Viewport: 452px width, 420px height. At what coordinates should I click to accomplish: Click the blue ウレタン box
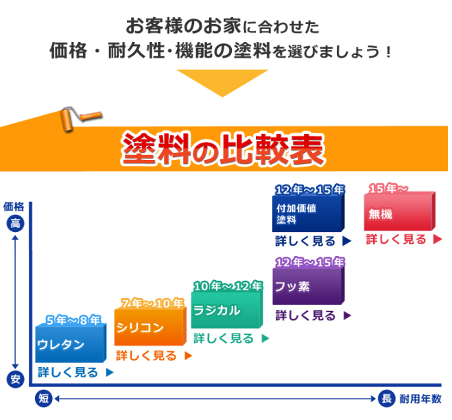click(x=71, y=343)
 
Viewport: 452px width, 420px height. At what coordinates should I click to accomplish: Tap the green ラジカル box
click(x=227, y=310)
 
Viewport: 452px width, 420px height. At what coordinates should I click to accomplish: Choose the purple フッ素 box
click(x=309, y=285)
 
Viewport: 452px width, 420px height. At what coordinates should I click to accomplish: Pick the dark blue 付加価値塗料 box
click(x=309, y=213)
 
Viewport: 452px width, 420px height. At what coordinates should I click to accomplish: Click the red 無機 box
click(x=400, y=211)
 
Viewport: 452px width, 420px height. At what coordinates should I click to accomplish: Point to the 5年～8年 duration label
click(x=74, y=320)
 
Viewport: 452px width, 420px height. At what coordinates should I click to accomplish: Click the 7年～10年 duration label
click(x=152, y=303)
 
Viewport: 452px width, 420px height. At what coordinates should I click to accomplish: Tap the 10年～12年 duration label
click(x=228, y=286)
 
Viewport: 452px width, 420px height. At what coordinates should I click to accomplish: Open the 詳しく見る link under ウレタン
click(x=75, y=373)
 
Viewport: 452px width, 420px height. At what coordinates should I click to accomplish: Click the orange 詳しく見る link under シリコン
click(x=154, y=355)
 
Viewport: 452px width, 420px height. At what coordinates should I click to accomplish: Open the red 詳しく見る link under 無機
click(x=404, y=240)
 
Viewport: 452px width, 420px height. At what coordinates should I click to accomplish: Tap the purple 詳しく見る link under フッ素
click(x=313, y=316)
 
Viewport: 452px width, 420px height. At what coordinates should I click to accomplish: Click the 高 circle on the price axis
click(x=15, y=224)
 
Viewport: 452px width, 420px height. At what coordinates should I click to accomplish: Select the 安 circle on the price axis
click(x=15, y=379)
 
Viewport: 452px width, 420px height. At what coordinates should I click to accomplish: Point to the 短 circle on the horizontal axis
click(x=43, y=399)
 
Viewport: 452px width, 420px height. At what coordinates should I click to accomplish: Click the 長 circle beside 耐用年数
click(x=387, y=399)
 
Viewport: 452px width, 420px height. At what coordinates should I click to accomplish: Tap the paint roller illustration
click(x=81, y=119)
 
